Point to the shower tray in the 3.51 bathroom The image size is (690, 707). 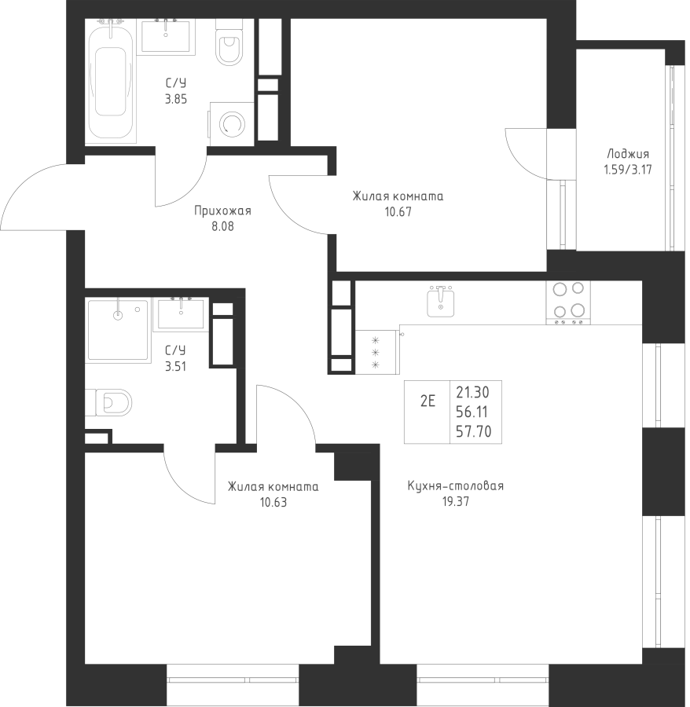[118, 330]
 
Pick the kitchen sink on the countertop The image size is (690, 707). [441, 301]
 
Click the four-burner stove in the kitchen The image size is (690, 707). [568, 302]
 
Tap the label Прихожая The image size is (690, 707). [222, 211]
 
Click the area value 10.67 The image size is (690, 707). [398, 212]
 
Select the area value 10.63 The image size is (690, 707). [273, 502]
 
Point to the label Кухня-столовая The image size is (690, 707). [456, 486]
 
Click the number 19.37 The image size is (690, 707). [456, 501]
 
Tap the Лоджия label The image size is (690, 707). [628, 155]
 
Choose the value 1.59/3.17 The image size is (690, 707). [628, 170]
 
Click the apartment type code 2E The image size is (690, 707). [428, 401]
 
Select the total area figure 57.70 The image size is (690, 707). [474, 432]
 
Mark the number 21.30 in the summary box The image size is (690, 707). [472, 393]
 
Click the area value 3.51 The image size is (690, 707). [175, 367]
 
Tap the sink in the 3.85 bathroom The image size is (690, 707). [166, 36]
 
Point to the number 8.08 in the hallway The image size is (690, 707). [222, 226]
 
